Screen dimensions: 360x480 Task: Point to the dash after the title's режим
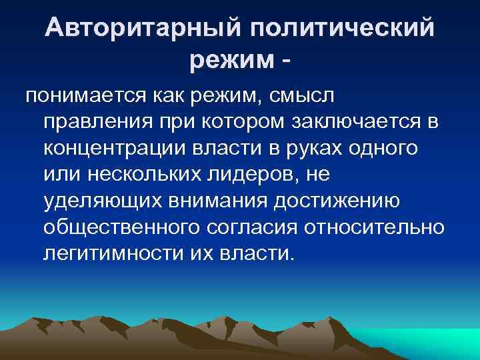(287, 63)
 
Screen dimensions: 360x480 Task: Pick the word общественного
(117, 227)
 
